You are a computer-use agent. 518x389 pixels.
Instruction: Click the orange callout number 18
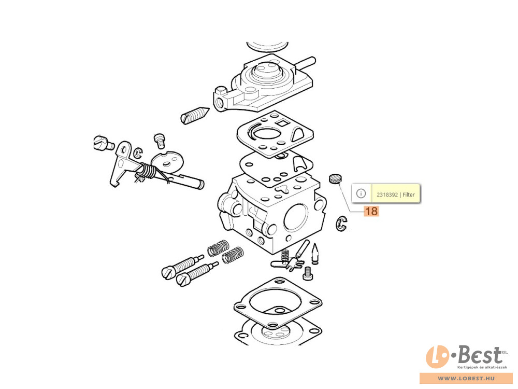[x=371, y=211]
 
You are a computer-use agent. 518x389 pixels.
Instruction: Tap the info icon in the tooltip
[x=361, y=193]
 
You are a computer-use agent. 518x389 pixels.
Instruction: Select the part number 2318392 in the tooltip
[x=387, y=195]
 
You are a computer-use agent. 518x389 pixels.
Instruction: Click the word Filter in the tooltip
[x=409, y=195]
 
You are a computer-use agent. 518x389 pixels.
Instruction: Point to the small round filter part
[x=335, y=179]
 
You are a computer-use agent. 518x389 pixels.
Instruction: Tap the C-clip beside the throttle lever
[x=138, y=152]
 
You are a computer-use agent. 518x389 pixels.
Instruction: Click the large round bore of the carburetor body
[x=296, y=216]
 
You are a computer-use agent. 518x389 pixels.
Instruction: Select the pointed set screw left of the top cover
[x=195, y=115]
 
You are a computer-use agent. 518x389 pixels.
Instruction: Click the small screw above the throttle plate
[x=159, y=141]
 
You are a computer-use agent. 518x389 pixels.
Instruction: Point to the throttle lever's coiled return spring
[x=147, y=171]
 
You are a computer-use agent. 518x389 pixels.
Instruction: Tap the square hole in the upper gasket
[x=282, y=124]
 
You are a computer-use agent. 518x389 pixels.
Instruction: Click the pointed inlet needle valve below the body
[x=315, y=254]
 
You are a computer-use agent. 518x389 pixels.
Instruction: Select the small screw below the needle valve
[x=308, y=273]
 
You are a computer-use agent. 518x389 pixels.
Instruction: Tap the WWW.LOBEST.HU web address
[x=466, y=378]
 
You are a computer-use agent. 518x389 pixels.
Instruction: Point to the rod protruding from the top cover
[x=306, y=63]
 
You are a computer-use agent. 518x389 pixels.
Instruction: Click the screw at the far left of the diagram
[x=104, y=143]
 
